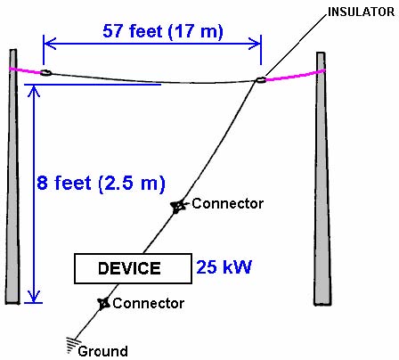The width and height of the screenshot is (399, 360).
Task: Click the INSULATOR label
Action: point(361,12)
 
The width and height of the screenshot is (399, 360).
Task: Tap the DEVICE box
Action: point(133,268)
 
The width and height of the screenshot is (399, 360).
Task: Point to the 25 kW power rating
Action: point(224,266)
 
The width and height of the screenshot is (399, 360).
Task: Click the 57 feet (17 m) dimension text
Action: point(163,31)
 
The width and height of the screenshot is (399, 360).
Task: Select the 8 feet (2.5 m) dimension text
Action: point(101,183)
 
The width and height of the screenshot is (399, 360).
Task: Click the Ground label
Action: point(102,351)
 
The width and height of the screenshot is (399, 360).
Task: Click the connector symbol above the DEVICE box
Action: point(178,206)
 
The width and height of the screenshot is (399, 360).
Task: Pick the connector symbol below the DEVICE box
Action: point(104,303)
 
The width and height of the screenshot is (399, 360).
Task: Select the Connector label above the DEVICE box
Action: point(227,203)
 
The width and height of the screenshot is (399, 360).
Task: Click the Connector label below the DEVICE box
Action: point(149,303)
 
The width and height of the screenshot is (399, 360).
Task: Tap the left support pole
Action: point(13,176)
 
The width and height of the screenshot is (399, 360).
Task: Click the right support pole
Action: point(322,179)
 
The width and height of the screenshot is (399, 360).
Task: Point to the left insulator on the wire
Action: point(45,72)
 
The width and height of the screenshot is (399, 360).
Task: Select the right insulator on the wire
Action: point(260,79)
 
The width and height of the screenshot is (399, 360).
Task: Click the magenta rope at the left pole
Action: point(25,70)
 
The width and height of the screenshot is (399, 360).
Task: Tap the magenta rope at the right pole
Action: point(296,76)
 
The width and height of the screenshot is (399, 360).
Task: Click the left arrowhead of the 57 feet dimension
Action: point(49,44)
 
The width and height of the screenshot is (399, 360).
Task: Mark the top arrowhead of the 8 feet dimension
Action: point(34,91)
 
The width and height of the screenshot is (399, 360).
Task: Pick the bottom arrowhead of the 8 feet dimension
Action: point(34,297)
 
